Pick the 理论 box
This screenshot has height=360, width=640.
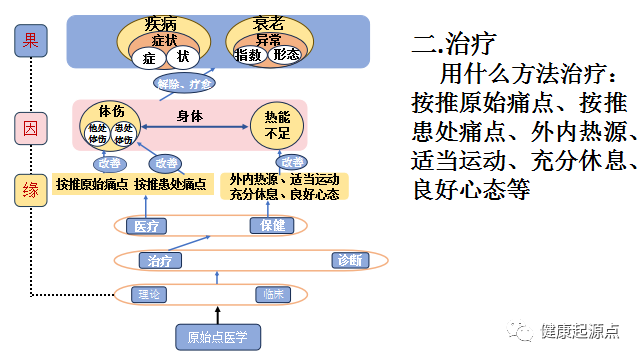coord(150,295)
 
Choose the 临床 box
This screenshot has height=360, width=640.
coord(274,295)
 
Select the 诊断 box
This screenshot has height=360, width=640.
coord(349,261)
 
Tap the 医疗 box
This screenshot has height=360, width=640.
coord(146,226)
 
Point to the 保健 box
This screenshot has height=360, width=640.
coord(272,226)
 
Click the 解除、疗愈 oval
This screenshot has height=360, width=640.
coord(184,84)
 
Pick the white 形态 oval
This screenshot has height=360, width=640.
coord(286,55)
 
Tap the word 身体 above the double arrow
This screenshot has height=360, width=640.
coord(190,115)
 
